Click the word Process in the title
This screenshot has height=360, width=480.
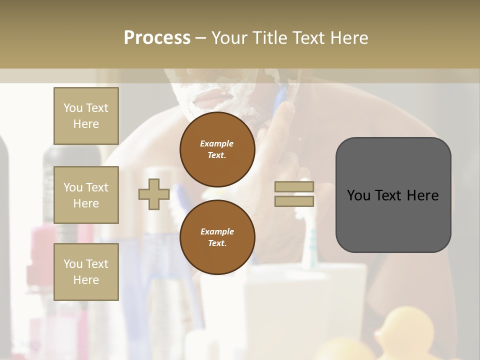[157, 38]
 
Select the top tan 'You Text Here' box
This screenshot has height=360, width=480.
[86, 116]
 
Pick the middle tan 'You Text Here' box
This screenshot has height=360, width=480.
[86, 195]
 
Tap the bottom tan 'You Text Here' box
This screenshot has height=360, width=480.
[86, 271]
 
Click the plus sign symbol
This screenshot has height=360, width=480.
[153, 194]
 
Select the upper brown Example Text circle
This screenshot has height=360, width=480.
[217, 149]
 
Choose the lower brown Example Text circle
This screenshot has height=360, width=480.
[217, 237]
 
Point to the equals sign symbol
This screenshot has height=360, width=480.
[294, 194]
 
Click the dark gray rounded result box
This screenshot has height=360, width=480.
[393, 194]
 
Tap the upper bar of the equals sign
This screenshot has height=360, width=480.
[294, 187]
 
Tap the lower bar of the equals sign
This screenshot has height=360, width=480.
[294, 201]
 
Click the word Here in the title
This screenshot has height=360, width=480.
[349, 38]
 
